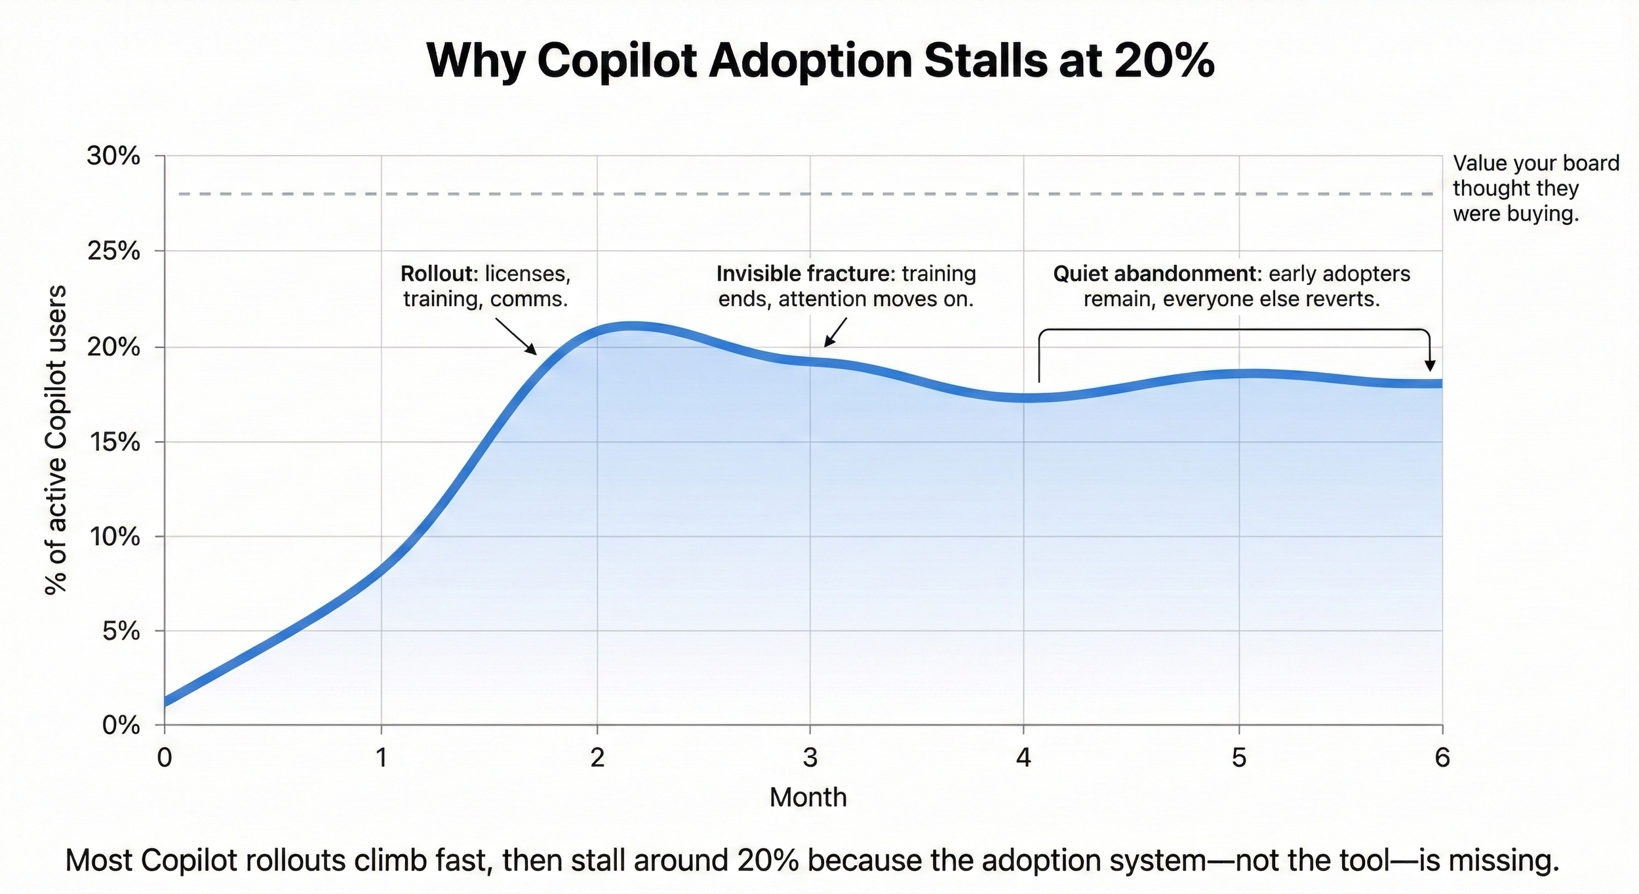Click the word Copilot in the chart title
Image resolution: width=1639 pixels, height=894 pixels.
616,60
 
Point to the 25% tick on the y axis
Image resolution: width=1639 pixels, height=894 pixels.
113,251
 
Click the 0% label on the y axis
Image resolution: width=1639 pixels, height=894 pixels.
121,726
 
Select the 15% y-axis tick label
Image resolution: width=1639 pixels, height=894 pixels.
113,442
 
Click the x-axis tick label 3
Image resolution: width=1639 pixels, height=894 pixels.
810,758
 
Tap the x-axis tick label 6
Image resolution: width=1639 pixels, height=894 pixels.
1442,758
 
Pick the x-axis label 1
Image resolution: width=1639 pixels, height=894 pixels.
381,758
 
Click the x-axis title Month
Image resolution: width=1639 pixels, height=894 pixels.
808,798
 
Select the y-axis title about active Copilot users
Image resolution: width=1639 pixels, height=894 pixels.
56,439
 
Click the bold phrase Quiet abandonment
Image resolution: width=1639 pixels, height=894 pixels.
1153,274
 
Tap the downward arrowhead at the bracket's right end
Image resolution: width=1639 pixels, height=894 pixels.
1431,366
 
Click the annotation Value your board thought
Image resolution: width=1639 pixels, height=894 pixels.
1534,188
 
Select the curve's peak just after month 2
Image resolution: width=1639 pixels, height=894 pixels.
629,326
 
